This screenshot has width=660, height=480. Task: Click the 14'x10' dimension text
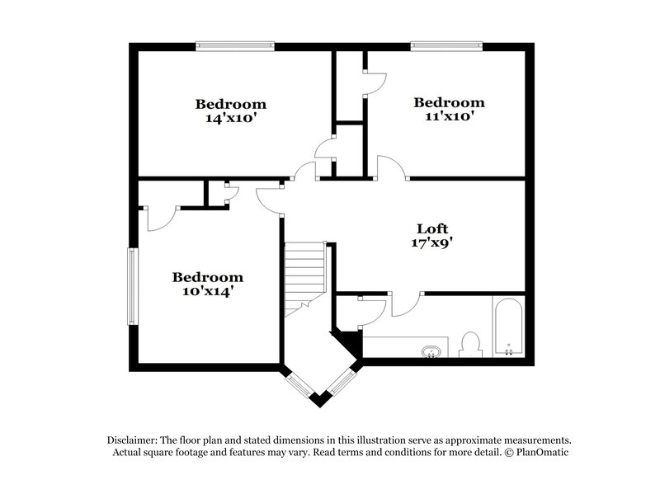tap(231, 118)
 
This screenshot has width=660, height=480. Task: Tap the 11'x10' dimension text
tap(449, 116)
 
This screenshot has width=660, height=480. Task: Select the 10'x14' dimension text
tap(208, 290)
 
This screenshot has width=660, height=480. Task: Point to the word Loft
tap(432, 228)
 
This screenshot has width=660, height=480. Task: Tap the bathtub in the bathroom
tap(508, 327)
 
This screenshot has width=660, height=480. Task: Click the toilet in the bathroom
tap(470, 345)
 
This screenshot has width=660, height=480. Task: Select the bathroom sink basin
tap(431, 351)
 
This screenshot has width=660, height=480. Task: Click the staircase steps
tap(304, 279)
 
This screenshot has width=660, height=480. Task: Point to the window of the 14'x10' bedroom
tap(235, 45)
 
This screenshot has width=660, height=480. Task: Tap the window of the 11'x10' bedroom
tap(446, 45)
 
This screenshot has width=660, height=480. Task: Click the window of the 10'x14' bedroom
tap(133, 286)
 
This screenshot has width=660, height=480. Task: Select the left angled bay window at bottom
tap(299, 384)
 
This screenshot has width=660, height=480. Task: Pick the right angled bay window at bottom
tap(342, 383)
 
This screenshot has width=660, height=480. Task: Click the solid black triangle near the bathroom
tap(350, 342)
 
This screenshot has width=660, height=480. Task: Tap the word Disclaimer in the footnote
tap(132, 440)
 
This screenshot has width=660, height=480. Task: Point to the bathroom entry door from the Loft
tap(406, 304)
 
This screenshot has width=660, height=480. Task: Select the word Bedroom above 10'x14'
tap(208, 277)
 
